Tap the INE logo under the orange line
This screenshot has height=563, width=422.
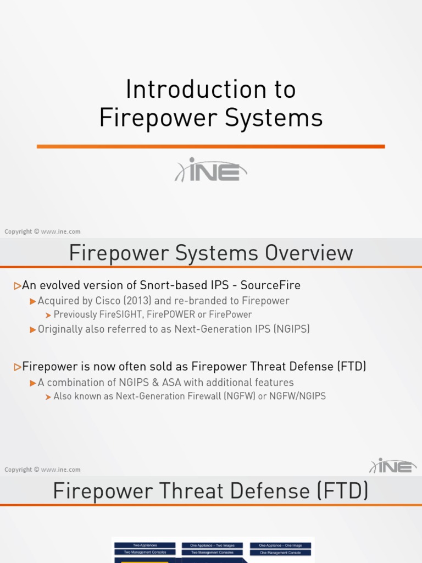click(x=211, y=170)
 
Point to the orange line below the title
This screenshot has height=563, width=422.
click(x=211, y=146)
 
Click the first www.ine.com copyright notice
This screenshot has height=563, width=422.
click(x=42, y=231)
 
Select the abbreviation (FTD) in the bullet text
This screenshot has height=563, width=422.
click(x=349, y=366)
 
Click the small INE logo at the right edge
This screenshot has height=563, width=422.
click(x=393, y=466)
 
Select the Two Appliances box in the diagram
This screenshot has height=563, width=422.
click(x=145, y=545)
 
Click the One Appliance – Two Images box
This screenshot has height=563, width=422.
click(x=212, y=545)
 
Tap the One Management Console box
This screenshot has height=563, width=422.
click(x=280, y=552)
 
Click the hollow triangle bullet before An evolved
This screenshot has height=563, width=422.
click(x=18, y=285)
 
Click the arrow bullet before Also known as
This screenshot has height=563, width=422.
click(x=48, y=396)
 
